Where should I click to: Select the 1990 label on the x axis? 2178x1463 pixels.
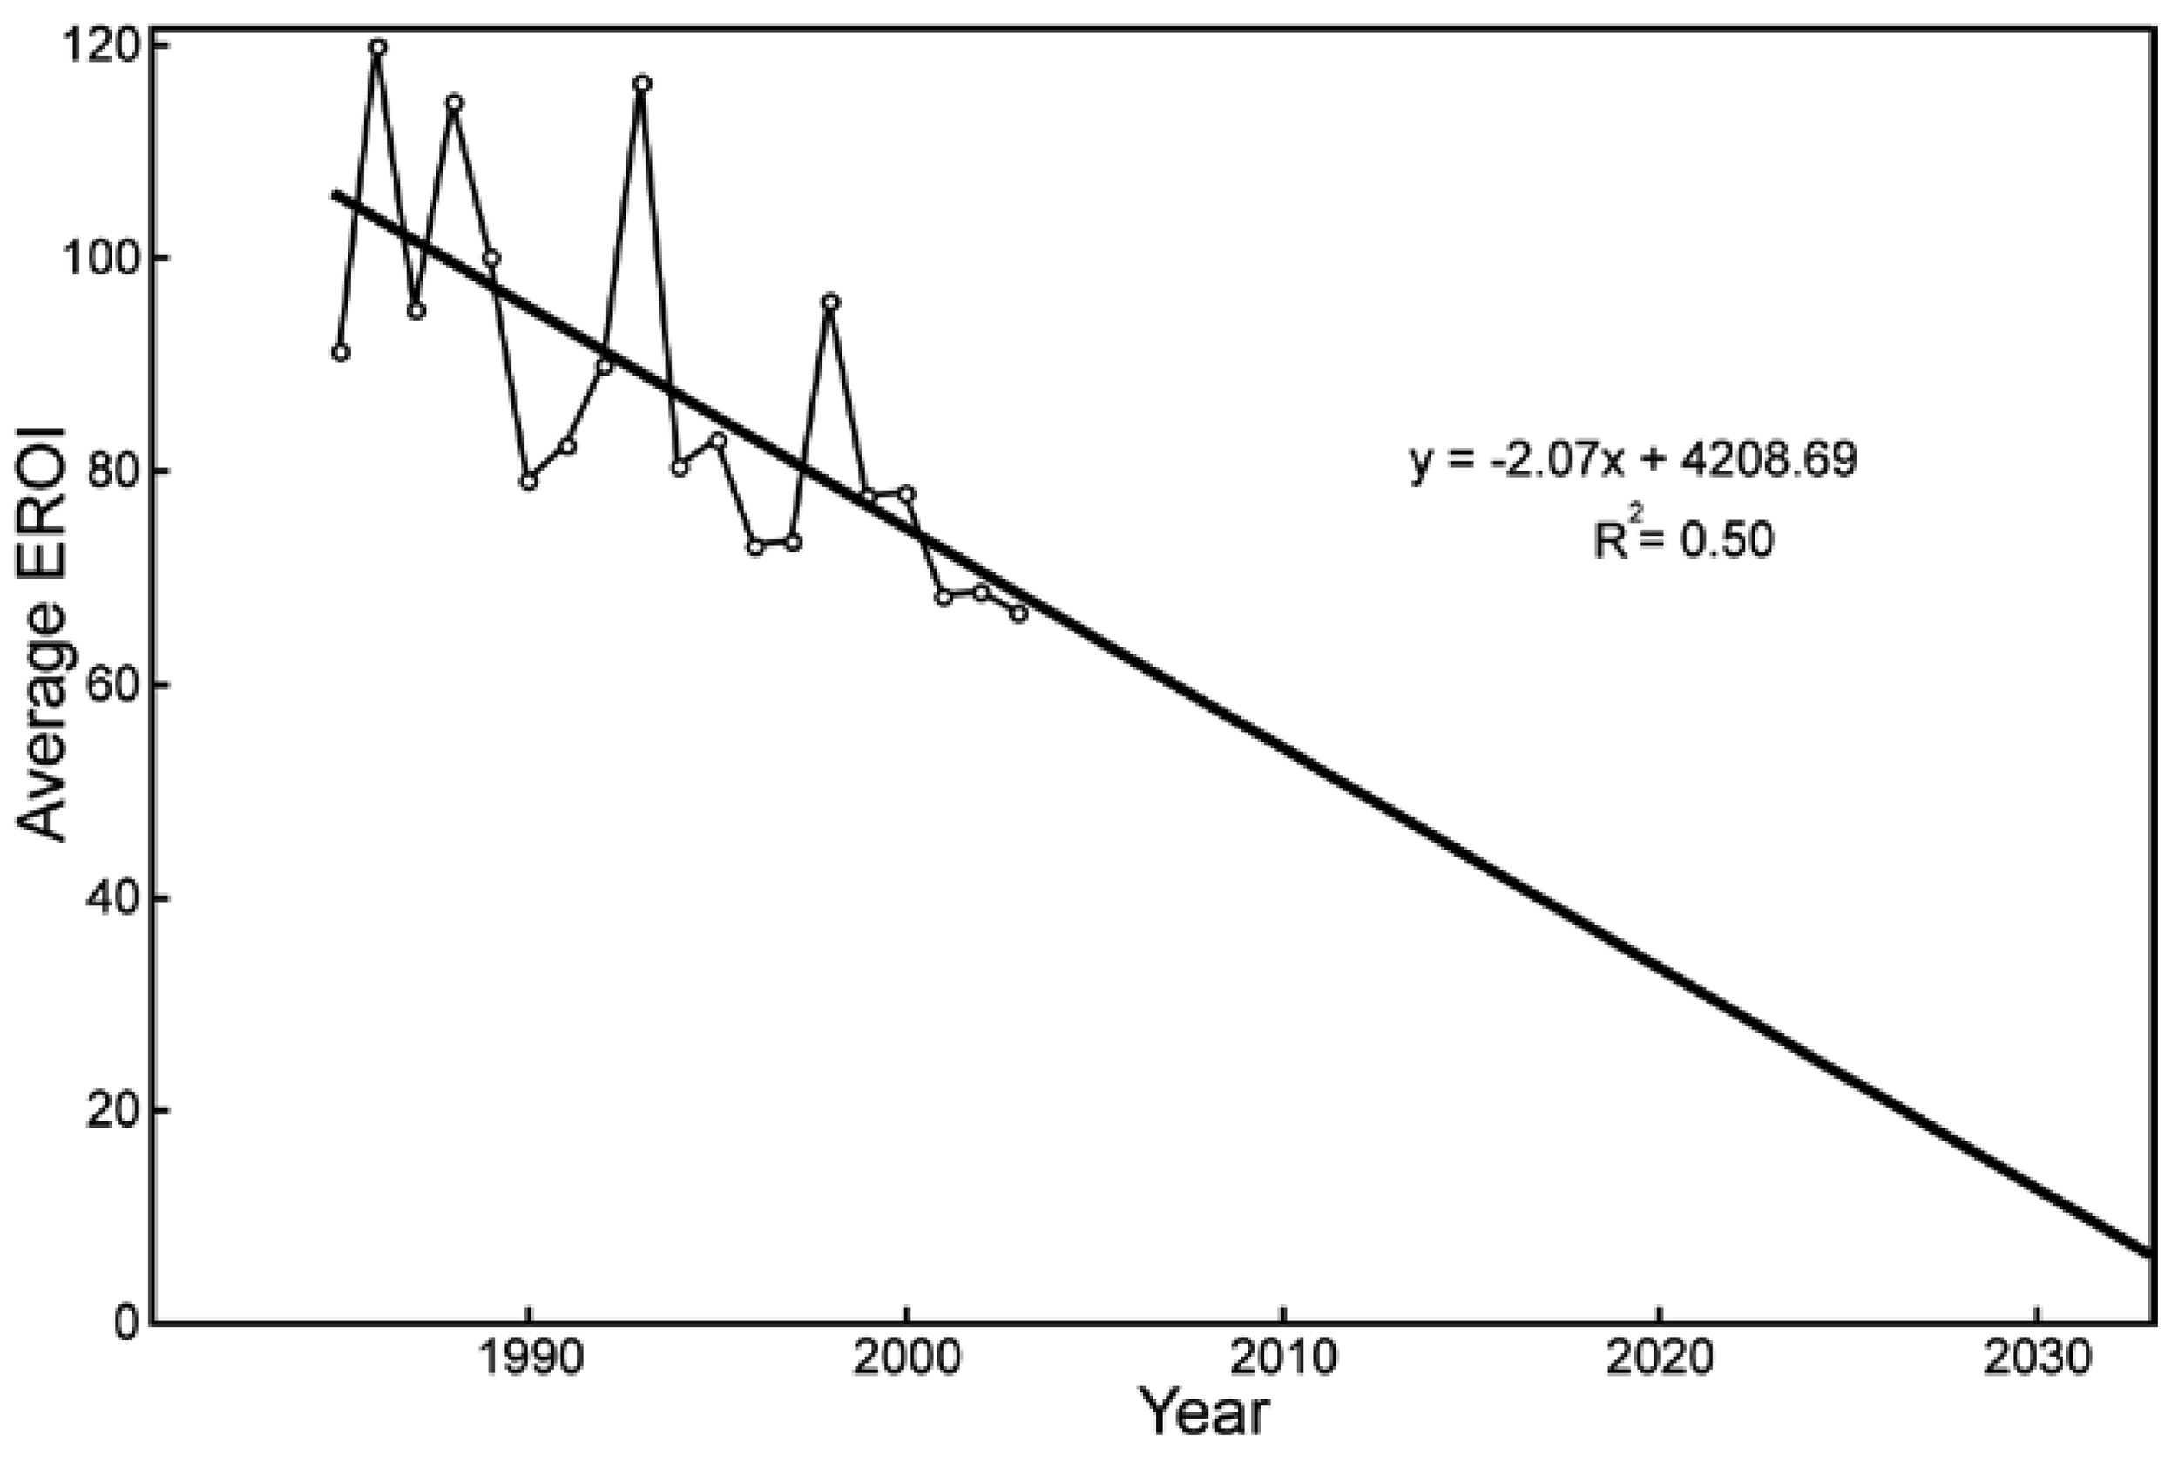point(529,1359)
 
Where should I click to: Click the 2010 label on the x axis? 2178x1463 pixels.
point(1282,1359)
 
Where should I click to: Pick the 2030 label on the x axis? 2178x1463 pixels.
point(2036,1359)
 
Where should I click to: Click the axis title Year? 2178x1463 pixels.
point(1205,1412)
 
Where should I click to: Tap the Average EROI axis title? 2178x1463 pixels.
point(43,634)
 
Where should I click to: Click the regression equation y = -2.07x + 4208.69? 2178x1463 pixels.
point(1633,460)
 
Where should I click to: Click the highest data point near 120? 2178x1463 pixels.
point(378,47)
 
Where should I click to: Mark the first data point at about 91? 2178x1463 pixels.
point(341,353)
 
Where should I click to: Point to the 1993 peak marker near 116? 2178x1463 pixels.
point(642,83)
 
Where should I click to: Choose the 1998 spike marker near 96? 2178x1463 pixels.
point(830,301)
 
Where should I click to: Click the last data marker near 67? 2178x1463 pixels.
point(1018,614)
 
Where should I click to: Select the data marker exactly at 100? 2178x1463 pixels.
point(491,259)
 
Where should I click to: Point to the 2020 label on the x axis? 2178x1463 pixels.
point(1660,1359)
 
